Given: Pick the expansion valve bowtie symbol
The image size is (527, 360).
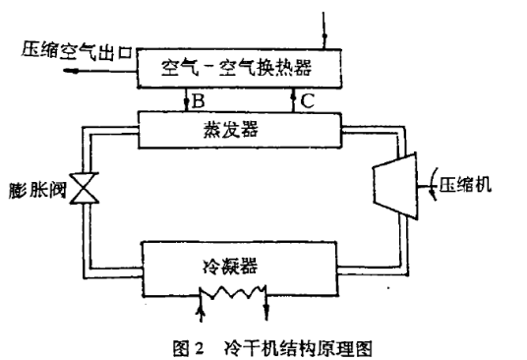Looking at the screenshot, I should (x=86, y=188).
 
